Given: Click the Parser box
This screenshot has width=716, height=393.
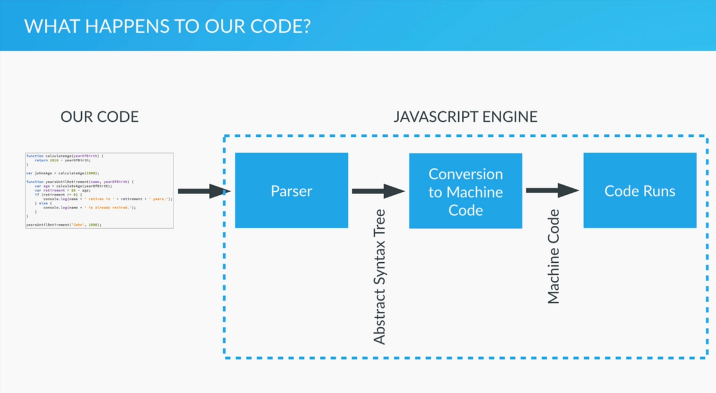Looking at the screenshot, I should click(x=291, y=191).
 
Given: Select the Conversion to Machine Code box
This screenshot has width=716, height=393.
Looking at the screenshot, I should click(x=465, y=191).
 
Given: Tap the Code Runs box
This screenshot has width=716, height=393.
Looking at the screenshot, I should click(x=640, y=191).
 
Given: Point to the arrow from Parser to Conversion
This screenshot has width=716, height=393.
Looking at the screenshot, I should click(x=378, y=191).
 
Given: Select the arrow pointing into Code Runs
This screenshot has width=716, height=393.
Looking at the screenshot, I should click(x=553, y=191).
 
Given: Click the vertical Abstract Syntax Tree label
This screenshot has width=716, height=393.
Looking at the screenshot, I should click(x=379, y=277).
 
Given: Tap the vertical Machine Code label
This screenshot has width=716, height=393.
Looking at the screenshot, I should click(x=554, y=256).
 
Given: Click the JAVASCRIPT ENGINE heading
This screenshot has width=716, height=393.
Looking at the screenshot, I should click(x=465, y=116).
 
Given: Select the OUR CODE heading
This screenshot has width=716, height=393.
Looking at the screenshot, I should click(x=100, y=116).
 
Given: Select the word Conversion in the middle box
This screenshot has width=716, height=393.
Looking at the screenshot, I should click(x=465, y=174).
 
